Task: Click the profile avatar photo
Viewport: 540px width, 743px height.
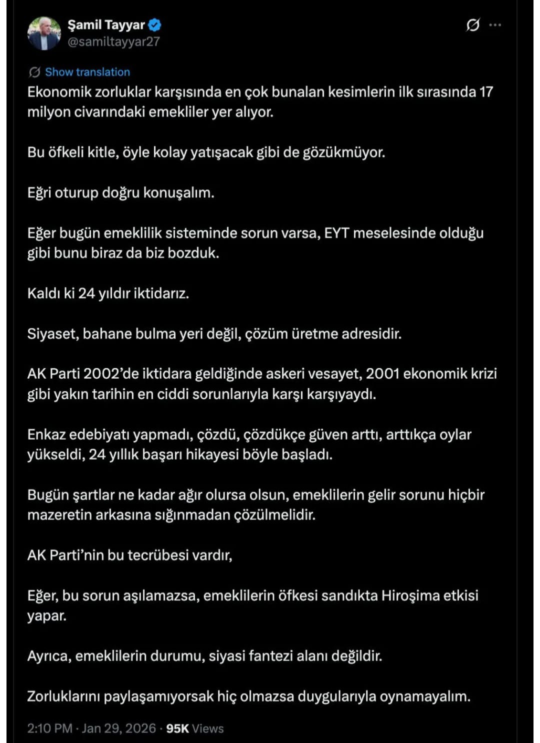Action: (x=44, y=33)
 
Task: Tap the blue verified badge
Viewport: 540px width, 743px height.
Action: (x=155, y=24)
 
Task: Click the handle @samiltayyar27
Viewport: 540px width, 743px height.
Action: (x=113, y=42)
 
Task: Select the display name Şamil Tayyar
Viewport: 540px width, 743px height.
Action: (x=106, y=24)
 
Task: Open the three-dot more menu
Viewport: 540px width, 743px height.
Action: (x=495, y=25)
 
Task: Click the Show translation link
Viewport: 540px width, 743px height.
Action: (x=87, y=72)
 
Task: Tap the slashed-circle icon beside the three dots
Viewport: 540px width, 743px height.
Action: (x=472, y=25)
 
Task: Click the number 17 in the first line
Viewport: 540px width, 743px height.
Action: (x=486, y=92)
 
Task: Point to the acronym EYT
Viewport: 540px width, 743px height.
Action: (x=336, y=233)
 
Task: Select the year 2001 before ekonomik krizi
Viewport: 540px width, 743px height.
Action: (x=382, y=374)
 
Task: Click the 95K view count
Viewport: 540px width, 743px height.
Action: (x=177, y=729)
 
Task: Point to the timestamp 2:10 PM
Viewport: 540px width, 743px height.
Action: (x=49, y=729)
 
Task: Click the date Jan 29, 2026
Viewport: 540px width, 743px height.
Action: (x=118, y=729)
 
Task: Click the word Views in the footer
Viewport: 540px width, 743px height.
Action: (x=208, y=729)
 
